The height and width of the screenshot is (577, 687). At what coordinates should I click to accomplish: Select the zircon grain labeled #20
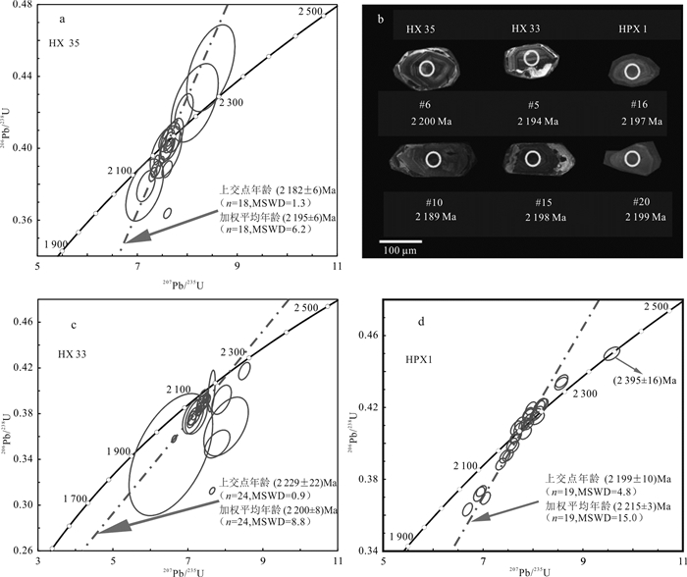(x=631, y=159)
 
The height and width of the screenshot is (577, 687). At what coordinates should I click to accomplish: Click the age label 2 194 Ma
(x=533, y=121)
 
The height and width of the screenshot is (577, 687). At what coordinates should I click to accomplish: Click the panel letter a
(x=63, y=20)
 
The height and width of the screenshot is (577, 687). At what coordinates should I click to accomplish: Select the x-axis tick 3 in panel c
(x=37, y=561)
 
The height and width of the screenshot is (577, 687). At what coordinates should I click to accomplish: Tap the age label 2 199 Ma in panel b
(x=631, y=223)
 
